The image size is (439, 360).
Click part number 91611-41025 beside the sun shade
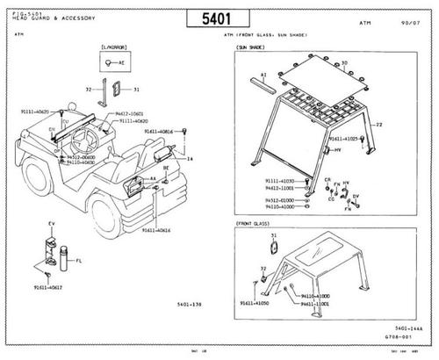(344, 139)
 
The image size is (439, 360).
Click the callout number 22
(378, 126)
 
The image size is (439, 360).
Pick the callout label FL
(79, 261)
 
